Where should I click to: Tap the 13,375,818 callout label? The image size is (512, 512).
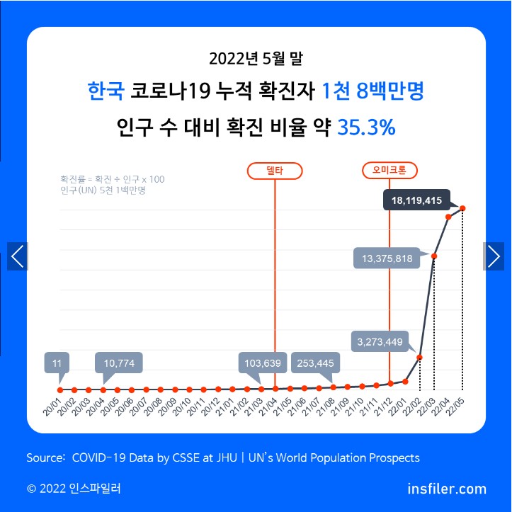pyautogui.click(x=386, y=258)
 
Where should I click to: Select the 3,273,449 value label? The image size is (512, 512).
pyautogui.click(x=379, y=343)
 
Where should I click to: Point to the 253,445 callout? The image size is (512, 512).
pyautogui.click(x=316, y=363)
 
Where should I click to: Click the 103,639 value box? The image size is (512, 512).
pyautogui.click(x=263, y=363)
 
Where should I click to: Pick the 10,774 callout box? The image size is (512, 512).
pyautogui.click(x=119, y=363)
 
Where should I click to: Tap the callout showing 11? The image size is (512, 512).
pyautogui.click(x=57, y=363)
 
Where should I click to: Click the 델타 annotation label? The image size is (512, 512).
pyautogui.click(x=274, y=171)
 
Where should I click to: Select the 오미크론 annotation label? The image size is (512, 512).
pyautogui.click(x=389, y=171)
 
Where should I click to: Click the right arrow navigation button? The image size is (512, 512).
pyautogui.click(x=494, y=256)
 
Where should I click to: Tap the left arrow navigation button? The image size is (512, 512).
pyautogui.click(x=18, y=256)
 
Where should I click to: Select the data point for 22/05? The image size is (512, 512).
pyautogui.click(x=462, y=207)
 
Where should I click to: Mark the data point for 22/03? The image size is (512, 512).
pyautogui.click(x=434, y=256)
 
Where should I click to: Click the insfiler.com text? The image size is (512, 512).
pyautogui.click(x=447, y=489)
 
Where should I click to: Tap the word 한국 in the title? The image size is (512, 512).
pyautogui.click(x=106, y=91)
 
